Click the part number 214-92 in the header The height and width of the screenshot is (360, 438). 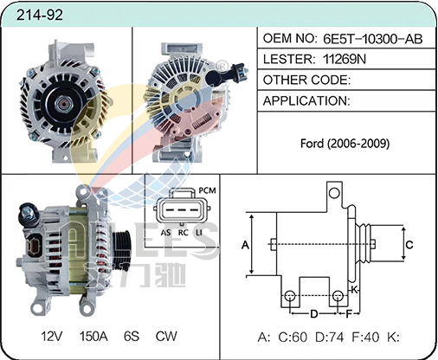[40, 15]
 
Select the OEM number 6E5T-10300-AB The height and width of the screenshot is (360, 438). [372, 39]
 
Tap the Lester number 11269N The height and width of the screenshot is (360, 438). [345, 59]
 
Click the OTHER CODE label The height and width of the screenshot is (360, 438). [306, 80]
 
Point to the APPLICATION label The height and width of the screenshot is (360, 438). [306, 100]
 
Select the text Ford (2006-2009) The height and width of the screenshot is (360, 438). [345, 144]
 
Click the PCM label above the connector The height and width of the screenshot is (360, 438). [207, 190]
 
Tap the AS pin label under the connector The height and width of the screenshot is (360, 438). [165, 233]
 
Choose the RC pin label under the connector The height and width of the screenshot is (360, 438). [183, 233]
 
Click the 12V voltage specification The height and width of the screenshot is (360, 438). [52, 336]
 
